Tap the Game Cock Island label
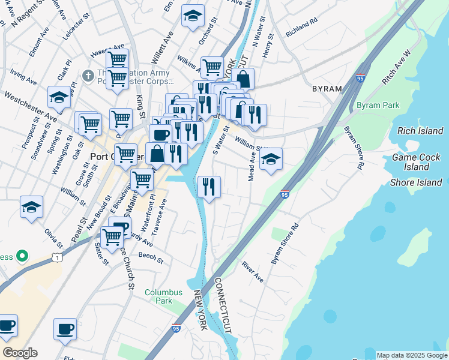pyautogui.click(x=416, y=162)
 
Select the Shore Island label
pyautogui.click(x=416, y=182)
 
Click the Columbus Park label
pyautogui.click(x=163, y=297)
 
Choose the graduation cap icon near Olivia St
pyautogui.click(x=31, y=208)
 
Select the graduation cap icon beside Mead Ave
pyautogui.click(x=271, y=160)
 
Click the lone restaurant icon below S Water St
pyautogui.click(x=209, y=186)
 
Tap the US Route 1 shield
pyautogui.click(x=56, y=257)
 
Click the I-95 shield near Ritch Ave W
pyautogui.click(x=360, y=78)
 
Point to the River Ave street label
pyautogui.click(x=252, y=271)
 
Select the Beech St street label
pyautogui.click(x=151, y=258)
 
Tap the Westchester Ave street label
pyautogui.click(x=29, y=106)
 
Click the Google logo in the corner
pyautogui.click(x=20, y=353)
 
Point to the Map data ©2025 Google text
pyautogui.click(x=412, y=355)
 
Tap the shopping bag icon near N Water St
pyautogui.click(x=243, y=79)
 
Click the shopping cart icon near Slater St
pyautogui.click(x=112, y=236)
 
